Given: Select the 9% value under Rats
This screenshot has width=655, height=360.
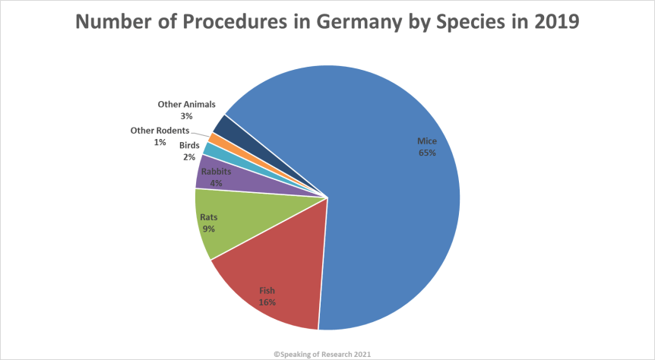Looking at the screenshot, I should tap(208, 229).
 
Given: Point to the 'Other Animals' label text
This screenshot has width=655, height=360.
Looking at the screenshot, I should tap(187, 104).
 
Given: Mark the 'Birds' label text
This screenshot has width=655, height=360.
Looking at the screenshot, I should tap(189, 145).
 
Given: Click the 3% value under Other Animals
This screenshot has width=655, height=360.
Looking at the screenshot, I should tap(186, 116).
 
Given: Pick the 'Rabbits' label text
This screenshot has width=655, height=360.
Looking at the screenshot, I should tap(216, 172).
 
